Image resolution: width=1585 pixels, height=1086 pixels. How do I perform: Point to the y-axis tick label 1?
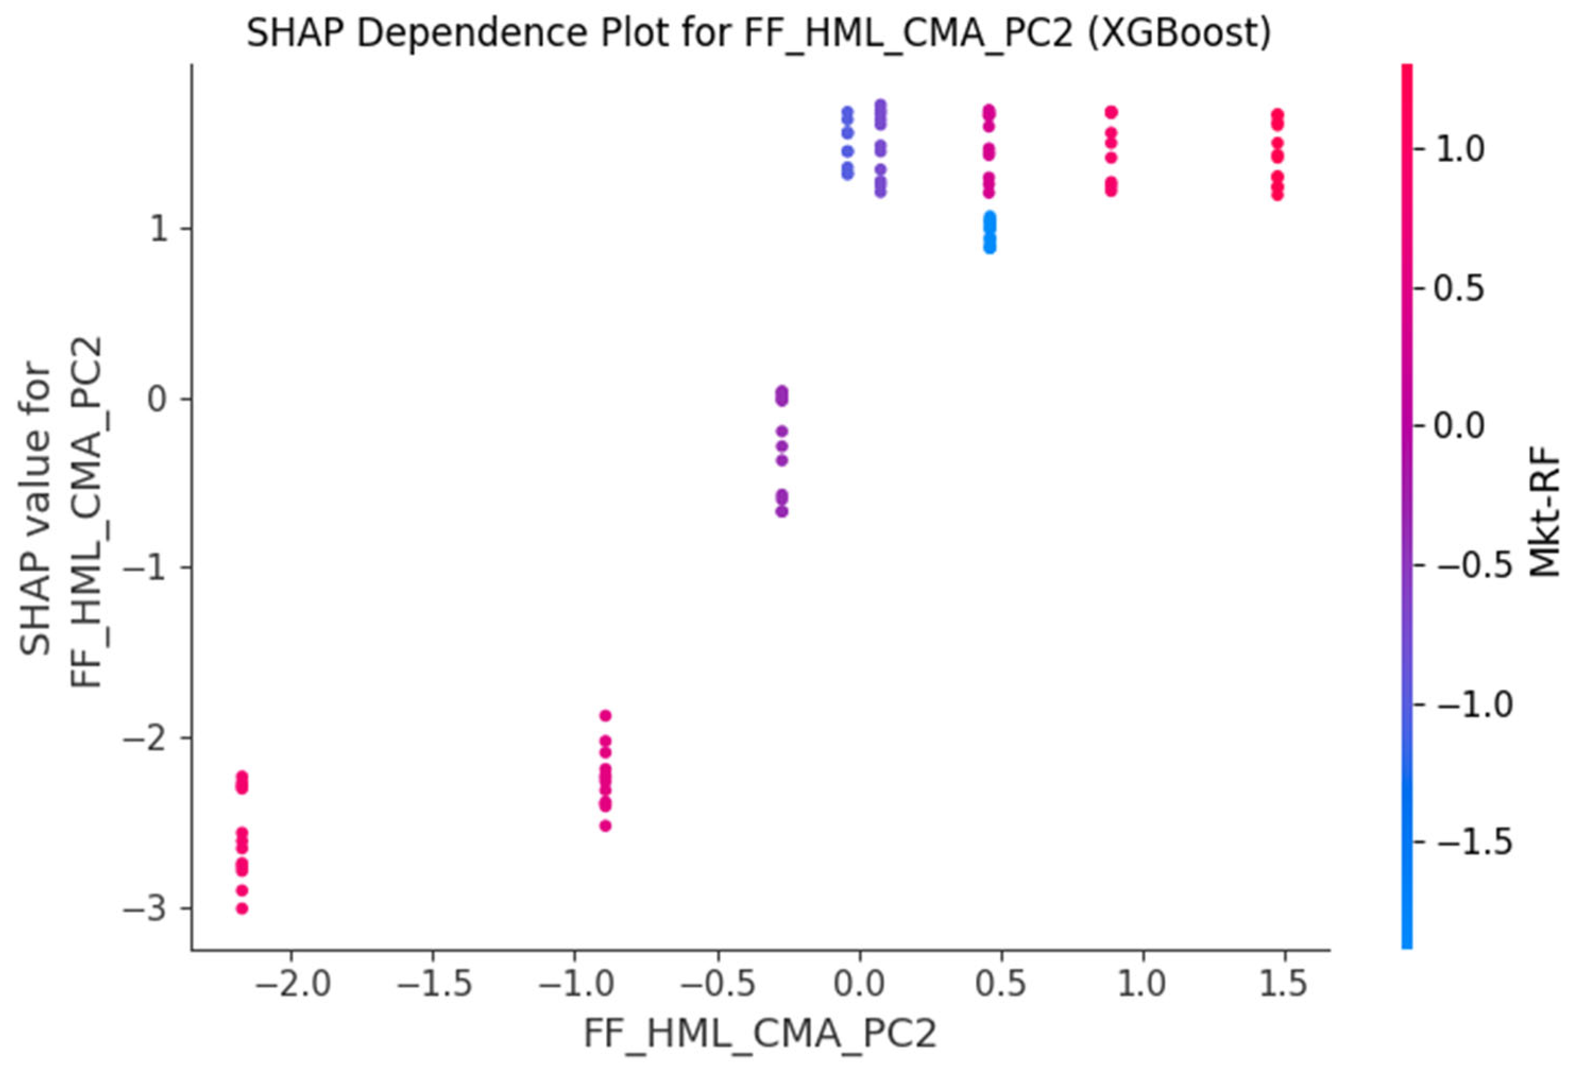click(x=159, y=229)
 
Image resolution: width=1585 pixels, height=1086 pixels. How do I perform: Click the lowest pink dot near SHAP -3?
click(x=242, y=908)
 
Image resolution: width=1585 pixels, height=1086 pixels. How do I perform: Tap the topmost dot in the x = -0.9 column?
click(x=605, y=715)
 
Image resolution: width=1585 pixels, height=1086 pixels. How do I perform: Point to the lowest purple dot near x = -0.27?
click(x=781, y=511)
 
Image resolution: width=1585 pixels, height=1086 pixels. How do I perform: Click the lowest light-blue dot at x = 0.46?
click(x=990, y=248)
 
